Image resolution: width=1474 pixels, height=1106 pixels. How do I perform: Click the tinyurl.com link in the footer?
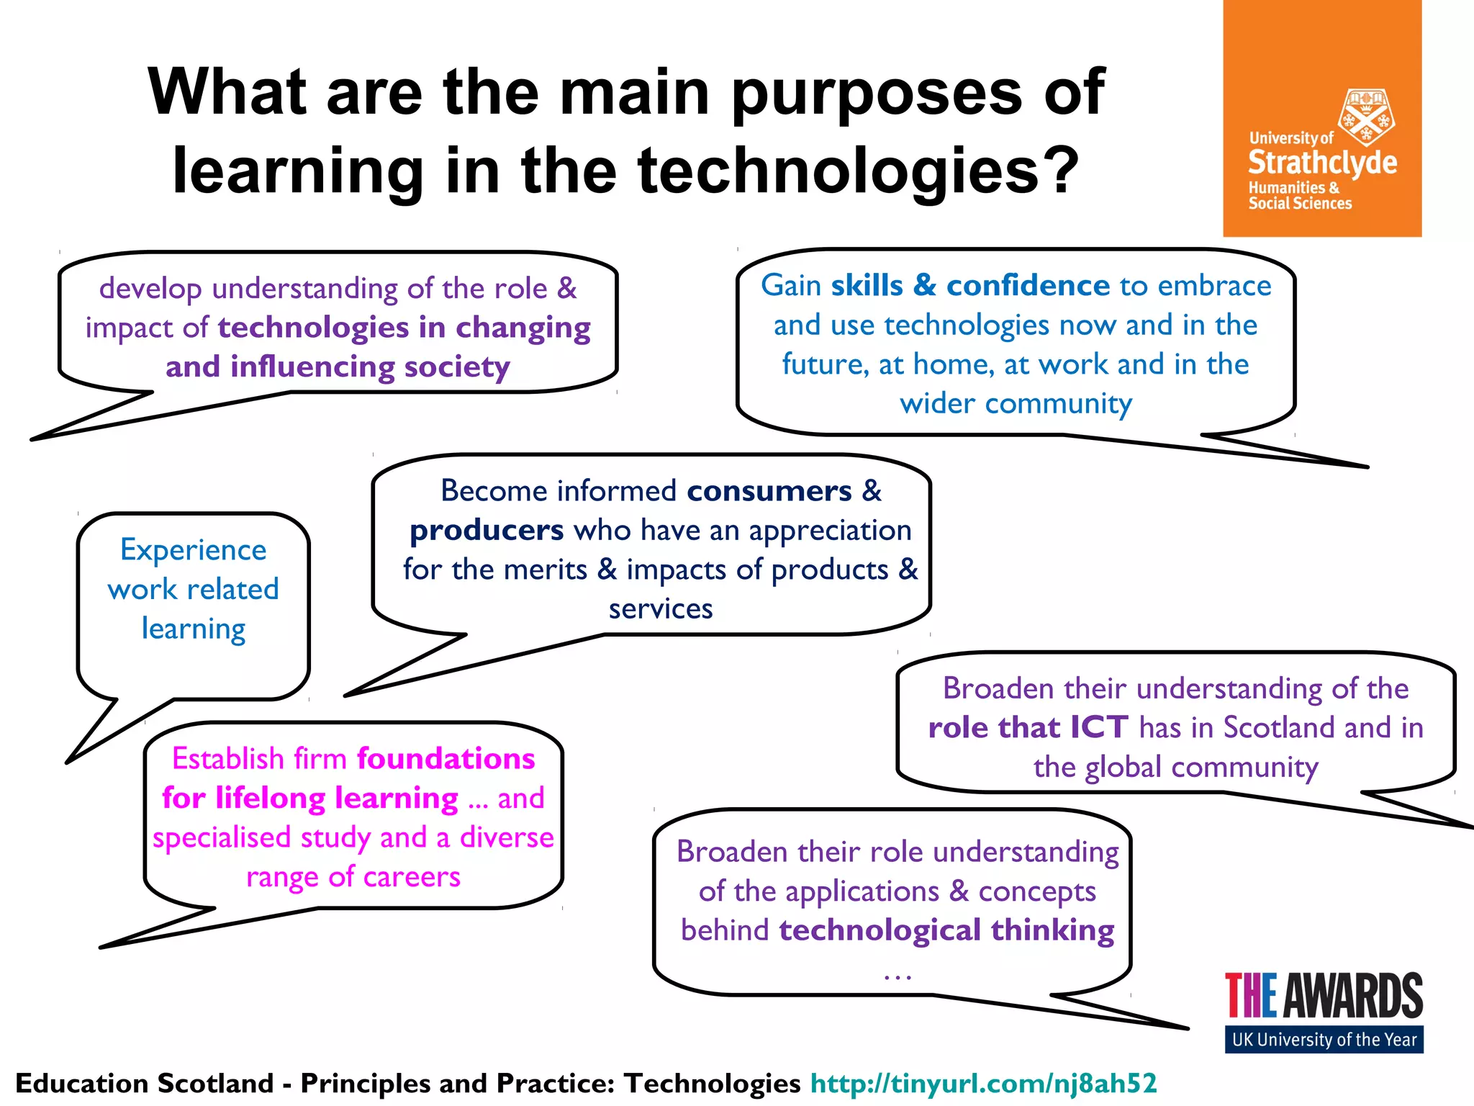click(x=983, y=1083)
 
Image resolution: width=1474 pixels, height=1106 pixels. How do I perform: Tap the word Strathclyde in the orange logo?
click(x=1322, y=163)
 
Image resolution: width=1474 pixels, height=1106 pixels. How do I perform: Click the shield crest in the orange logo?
click(x=1365, y=117)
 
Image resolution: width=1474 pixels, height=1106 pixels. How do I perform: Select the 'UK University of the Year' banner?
click(x=1324, y=1040)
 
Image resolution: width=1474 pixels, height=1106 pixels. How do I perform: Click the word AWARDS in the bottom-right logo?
click(x=1353, y=996)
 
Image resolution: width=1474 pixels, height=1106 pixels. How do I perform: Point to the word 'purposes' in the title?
click(x=877, y=94)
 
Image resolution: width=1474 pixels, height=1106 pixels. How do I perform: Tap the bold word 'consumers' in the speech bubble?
click(x=769, y=491)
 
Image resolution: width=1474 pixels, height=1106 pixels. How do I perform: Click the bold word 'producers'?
click(x=487, y=531)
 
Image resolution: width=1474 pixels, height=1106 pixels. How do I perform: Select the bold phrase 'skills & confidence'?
click(x=970, y=286)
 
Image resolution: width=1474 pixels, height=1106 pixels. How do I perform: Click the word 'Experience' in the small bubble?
click(x=193, y=550)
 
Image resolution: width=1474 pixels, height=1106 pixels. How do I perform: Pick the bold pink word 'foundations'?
click(x=446, y=759)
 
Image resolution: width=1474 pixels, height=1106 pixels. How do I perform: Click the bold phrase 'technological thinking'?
click(x=946, y=930)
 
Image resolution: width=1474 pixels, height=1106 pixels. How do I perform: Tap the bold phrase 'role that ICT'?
click(x=1028, y=728)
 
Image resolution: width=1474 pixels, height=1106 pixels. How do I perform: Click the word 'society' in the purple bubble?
click(x=456, y=367)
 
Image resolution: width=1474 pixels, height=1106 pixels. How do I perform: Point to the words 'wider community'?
click(x=1016, y=404)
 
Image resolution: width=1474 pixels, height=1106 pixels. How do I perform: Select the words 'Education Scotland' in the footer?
click(x=145, y=1083)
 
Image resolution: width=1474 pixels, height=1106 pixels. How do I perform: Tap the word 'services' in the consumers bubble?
click(x=660, y=609)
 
